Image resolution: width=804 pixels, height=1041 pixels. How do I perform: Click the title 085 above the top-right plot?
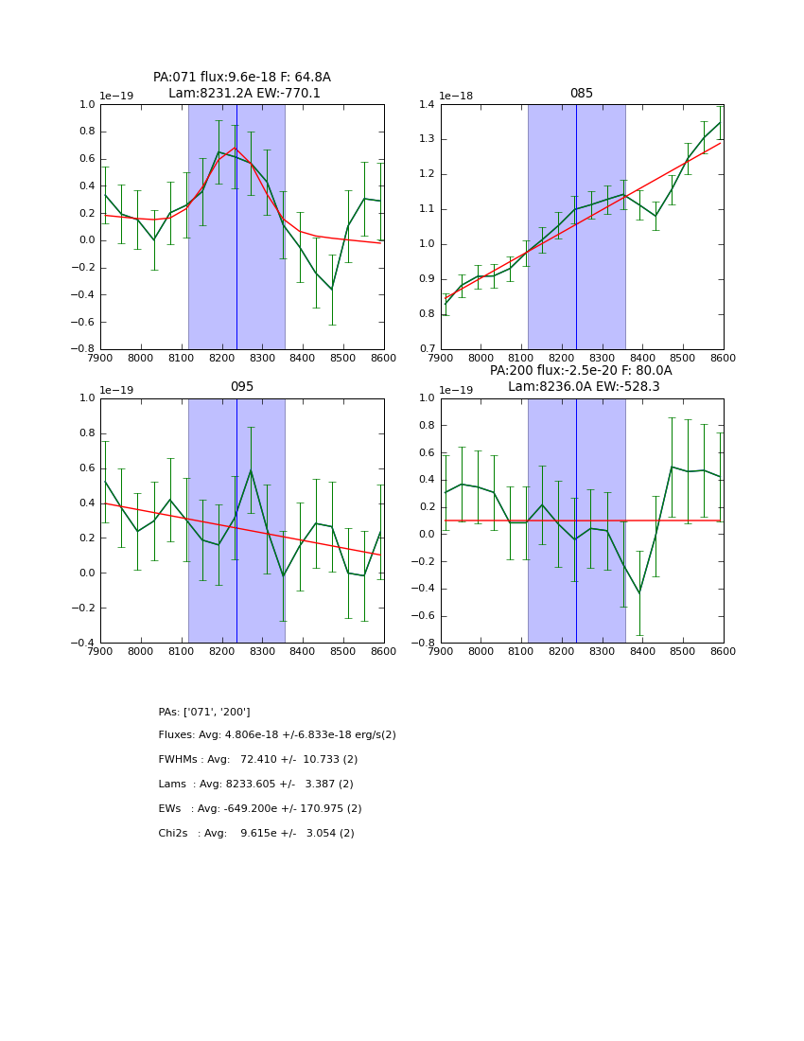coord(581,94)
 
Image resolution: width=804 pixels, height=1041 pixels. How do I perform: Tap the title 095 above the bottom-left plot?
coord(242,387)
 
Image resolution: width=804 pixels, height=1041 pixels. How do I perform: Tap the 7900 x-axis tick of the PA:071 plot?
coord(101,358)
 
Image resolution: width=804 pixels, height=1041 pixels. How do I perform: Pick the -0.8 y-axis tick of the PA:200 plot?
coord(424,644)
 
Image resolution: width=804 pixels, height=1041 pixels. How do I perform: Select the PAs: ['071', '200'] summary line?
coord(204,712)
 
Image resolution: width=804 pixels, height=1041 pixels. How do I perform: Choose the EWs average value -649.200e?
coord(263,809)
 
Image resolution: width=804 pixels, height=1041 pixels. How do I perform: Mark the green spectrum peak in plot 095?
coord(251,470)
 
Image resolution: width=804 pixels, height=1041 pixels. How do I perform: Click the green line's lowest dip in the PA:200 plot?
coord(639,593)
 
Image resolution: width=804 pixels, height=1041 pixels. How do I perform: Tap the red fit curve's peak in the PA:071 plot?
coord(236,148)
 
